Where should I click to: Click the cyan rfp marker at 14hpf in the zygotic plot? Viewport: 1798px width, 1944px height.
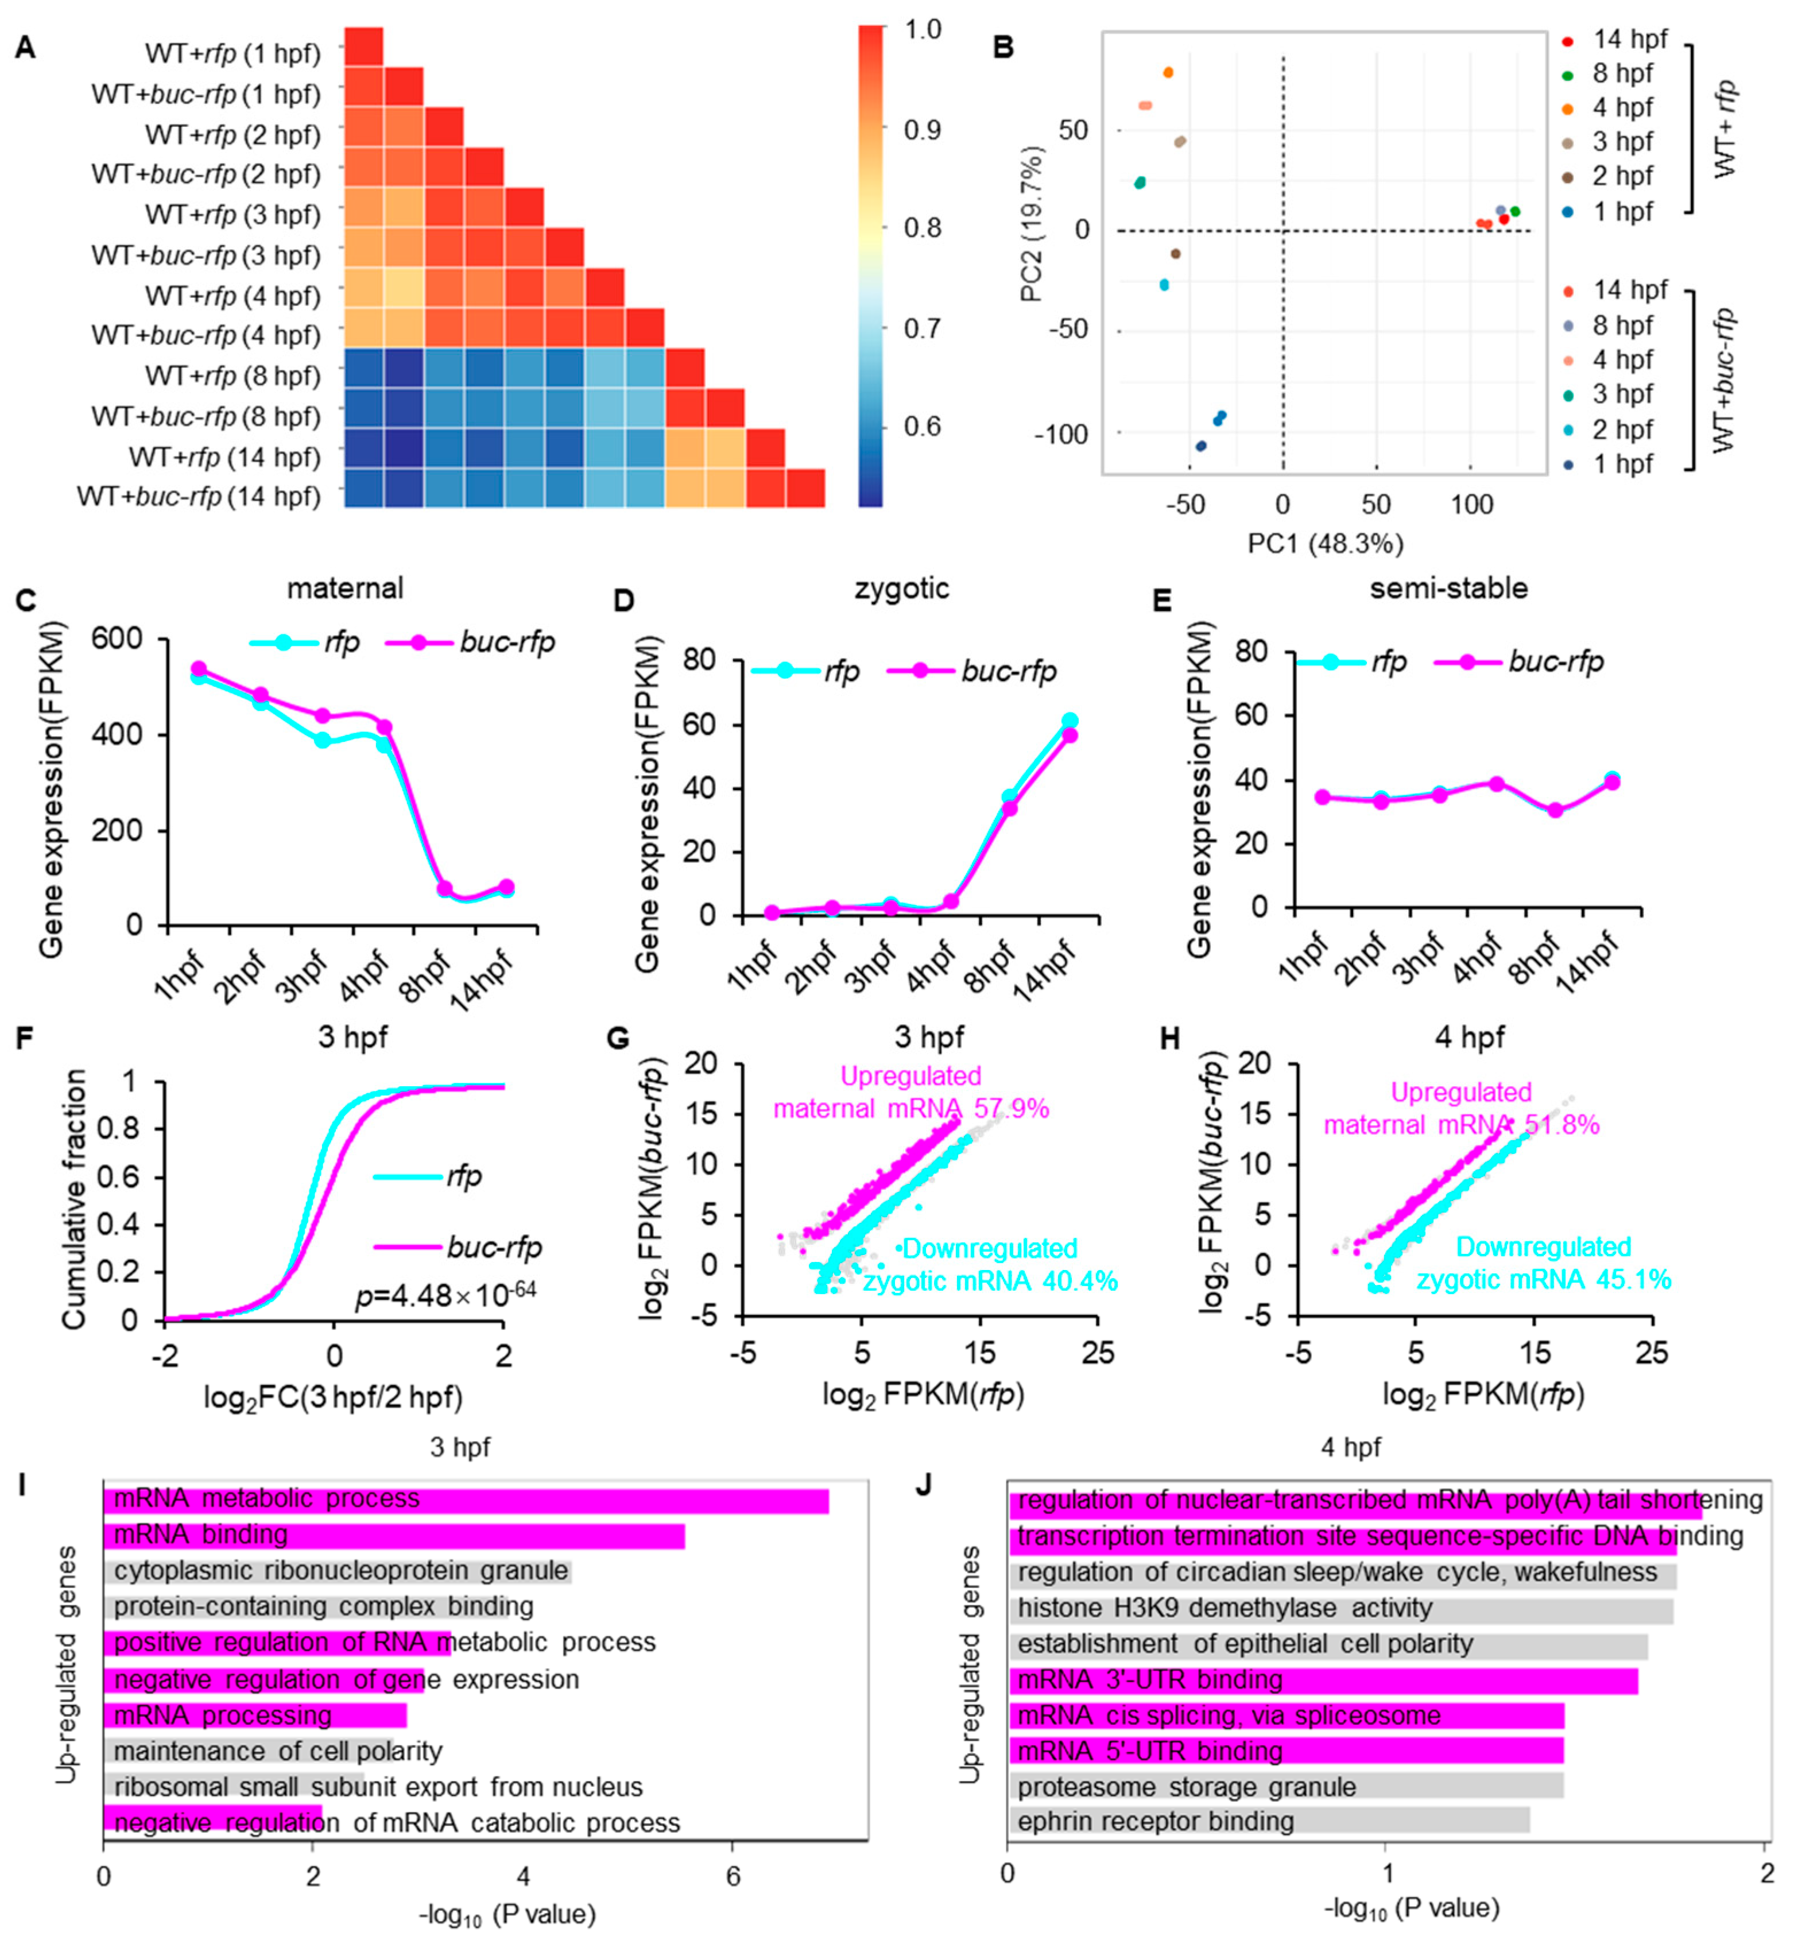click(x=1069, y=721)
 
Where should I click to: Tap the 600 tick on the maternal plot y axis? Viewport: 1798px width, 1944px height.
click(x=117, y=639)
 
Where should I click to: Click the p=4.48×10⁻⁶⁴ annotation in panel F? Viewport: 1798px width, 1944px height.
click(x=445, y=1294)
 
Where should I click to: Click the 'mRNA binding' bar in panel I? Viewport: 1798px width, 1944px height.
click(x=394, y=1535)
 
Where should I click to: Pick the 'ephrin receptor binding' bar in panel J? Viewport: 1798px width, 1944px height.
click(x=1268, y=1821)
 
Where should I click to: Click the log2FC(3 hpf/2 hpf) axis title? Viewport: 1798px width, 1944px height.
click(x=333, y=1398)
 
